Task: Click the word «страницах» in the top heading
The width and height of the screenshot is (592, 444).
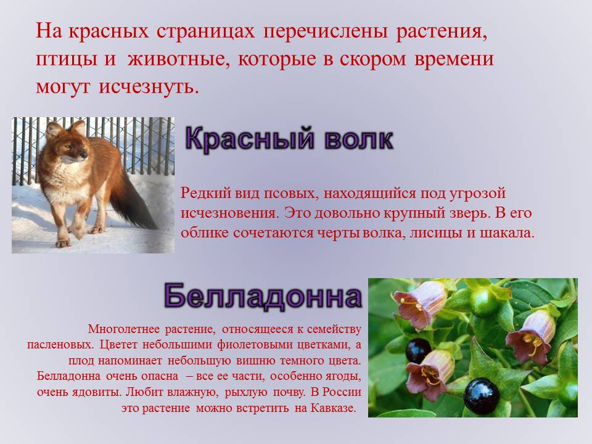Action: click(x=205, y=31)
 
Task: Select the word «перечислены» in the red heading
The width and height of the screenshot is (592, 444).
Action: click(x=326, y=31)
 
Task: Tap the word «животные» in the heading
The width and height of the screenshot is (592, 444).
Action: click(x=179, y=59)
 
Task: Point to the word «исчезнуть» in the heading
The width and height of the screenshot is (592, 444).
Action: click(x=149, y=87)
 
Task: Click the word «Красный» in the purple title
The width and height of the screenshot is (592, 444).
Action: click(x=250, y=138)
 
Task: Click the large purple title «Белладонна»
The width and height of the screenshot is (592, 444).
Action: click(x=263, y=297)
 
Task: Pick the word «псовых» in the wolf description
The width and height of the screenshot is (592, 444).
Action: click(x=289, y=193)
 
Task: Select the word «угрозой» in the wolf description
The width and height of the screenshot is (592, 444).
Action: click(x=477, y=193)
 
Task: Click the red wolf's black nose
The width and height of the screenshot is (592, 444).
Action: click(x=85, y=155)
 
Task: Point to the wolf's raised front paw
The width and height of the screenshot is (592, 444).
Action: click(x=78, y=229)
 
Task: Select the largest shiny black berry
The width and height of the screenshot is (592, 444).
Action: click(x=482, y=396)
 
